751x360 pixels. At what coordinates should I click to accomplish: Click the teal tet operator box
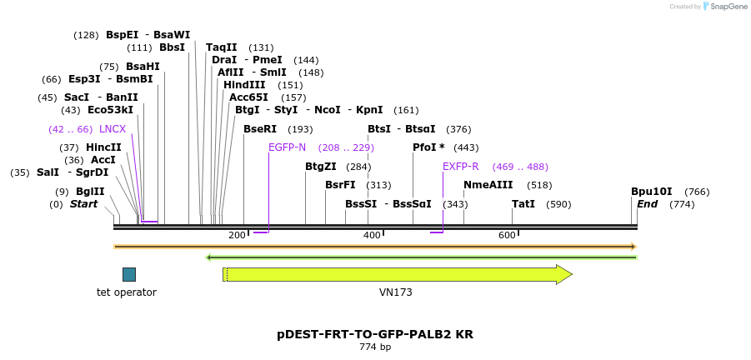tap(129, 274)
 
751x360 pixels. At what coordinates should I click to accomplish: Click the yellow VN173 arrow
tap(397, 274)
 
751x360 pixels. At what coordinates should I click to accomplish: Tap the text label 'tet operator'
tap(127, 292)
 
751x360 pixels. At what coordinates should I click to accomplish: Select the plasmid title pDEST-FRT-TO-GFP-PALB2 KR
tap(375, 334)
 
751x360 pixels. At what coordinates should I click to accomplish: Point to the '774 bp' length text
tap(375, 347)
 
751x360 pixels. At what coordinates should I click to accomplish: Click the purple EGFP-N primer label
tap(287, 147)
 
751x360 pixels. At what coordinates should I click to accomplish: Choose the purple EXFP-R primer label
tap(460, 167)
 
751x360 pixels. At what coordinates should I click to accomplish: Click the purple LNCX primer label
tap(113, 129)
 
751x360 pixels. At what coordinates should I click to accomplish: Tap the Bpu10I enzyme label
tap(651, 192)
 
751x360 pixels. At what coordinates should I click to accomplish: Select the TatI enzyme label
tap(523, 204)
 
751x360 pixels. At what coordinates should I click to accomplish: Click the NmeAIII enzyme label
tap(488, 185)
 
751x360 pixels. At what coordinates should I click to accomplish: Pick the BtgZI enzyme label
tap(321, 167)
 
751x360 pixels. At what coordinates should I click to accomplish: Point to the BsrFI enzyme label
tap(340, 185)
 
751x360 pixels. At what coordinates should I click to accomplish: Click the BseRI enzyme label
tap(259, 129)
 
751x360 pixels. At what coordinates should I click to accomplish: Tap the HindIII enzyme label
tap(244, 85)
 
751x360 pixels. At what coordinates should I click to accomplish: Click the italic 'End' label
tap(647, 204)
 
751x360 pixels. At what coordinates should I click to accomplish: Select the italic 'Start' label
tap(83, 204)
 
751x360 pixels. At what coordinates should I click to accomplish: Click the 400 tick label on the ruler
tap(372, 236)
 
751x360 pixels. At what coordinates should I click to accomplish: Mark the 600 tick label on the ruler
tap(507, 236)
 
